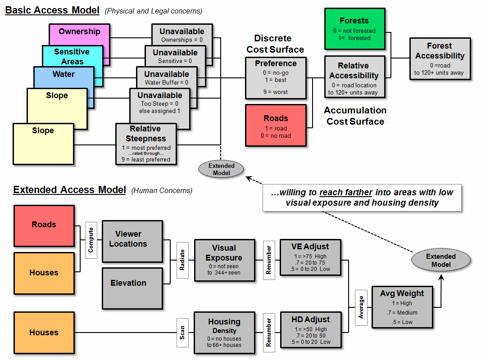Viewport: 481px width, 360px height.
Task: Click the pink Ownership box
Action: pos(79,31)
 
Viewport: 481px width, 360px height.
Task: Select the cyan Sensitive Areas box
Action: pos(72,56)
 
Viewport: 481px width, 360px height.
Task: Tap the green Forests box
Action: pos(354,29)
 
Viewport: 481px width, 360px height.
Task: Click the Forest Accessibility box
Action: pos(440,59)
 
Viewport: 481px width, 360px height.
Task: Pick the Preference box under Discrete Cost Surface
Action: pos(276,77)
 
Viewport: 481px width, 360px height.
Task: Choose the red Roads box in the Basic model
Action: pos(276,125)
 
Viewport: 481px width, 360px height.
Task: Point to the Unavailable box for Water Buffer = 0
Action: pos(167,77)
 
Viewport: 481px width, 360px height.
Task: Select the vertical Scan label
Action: pos(182,333)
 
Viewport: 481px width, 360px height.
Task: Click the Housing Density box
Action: pos(224,333)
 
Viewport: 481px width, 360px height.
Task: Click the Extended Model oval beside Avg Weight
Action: pos(441,260)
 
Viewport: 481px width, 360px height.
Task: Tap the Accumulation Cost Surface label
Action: pos(355,116)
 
